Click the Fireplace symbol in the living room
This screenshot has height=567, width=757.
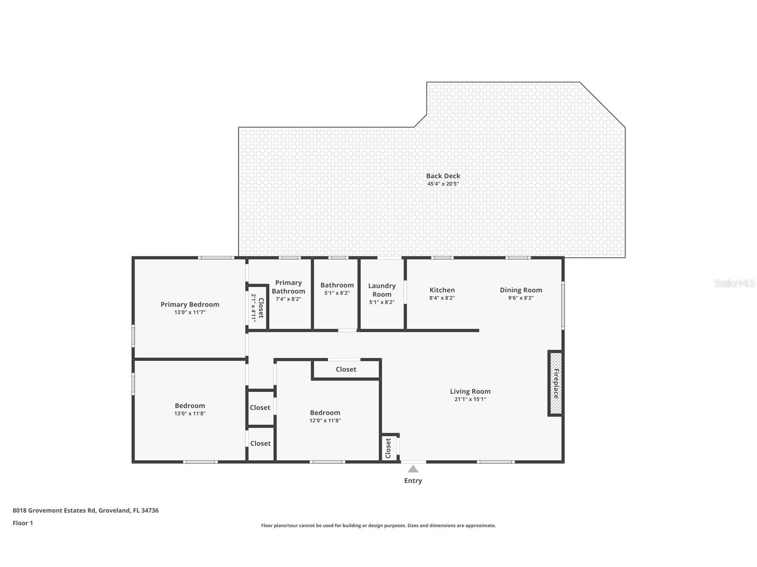click(x=556, y=383)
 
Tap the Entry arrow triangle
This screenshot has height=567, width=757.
click(x=413, y=469)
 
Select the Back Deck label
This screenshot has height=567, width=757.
click(x=443, y=176)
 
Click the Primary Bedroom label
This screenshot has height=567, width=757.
click(x=190, y=304)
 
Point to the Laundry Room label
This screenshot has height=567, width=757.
click(x=382, y=290)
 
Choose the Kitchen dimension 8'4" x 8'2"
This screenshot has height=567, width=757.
click(x=442, y=298)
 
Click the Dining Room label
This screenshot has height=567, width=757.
click(x=521, y=290)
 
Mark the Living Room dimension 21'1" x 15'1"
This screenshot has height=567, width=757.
click(x=470, y=399)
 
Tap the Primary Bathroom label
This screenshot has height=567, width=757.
click(x=289, y=287)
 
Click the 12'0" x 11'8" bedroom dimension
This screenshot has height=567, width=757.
click(x=325, y=420)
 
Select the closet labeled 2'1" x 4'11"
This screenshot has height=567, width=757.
click(x=257, y=308)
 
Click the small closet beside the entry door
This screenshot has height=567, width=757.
click(x=389, y=448)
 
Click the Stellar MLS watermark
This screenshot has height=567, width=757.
click(x=734, y=283)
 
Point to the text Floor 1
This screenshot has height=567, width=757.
click(x=23, y=523)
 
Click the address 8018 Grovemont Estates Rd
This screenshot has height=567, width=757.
click(x=86, y=510)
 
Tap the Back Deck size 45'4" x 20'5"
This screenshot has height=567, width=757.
click(x=443, y=184)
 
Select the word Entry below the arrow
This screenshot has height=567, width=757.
click(x=413, y=481)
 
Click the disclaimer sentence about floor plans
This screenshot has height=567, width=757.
click(x=378, y=526)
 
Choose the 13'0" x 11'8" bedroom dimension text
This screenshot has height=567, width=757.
click(x=190, y=414)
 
